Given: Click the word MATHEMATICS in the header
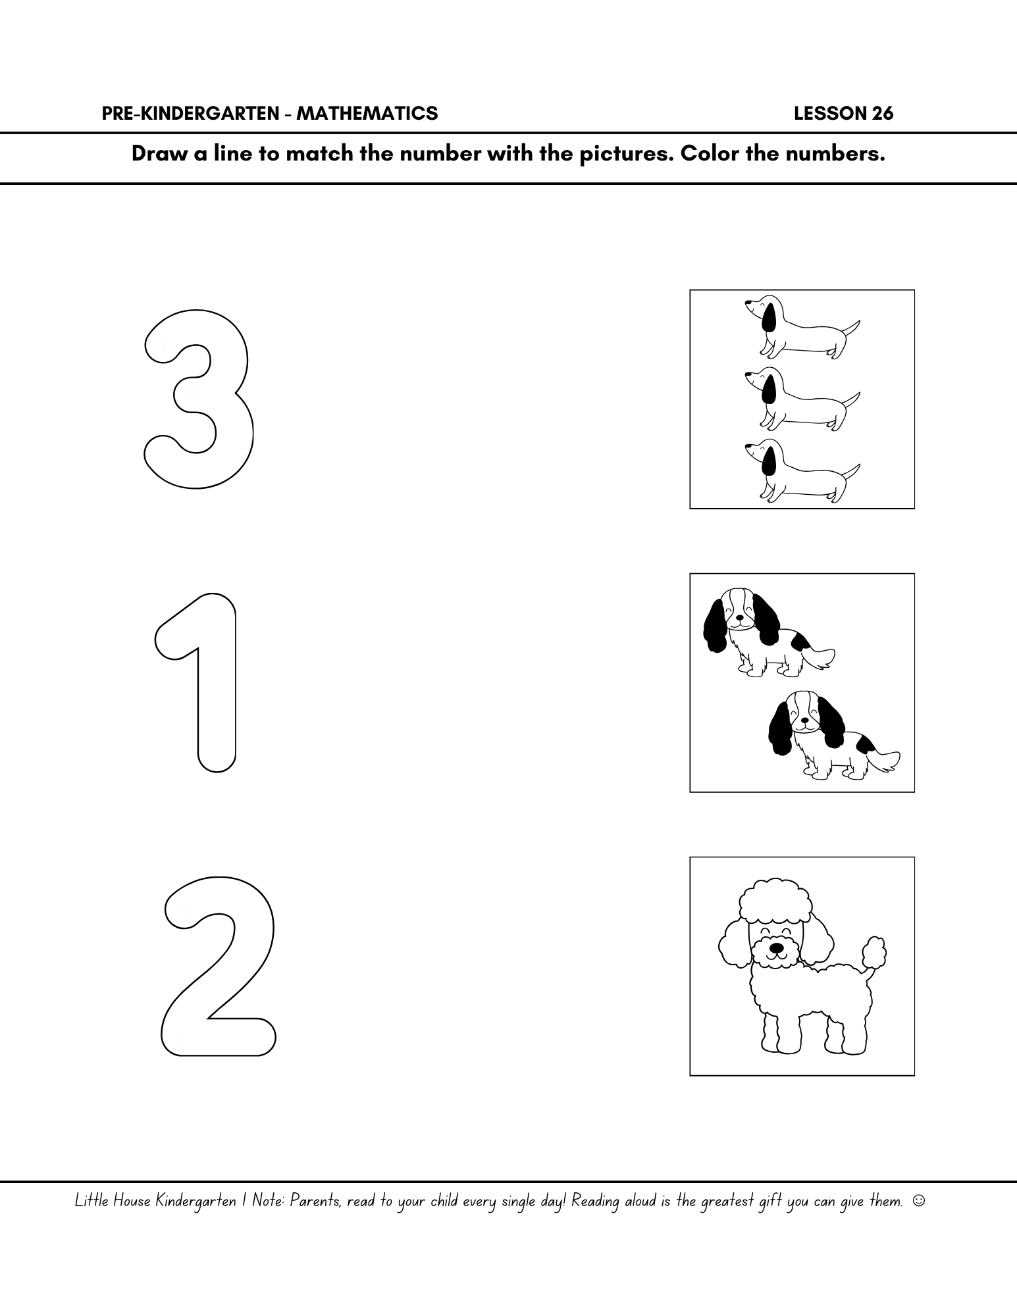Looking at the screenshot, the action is point(367,114).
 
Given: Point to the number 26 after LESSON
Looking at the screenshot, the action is point(882,114).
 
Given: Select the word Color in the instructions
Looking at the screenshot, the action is point(707,154).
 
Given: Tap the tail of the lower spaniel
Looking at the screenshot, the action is point(886,760).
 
